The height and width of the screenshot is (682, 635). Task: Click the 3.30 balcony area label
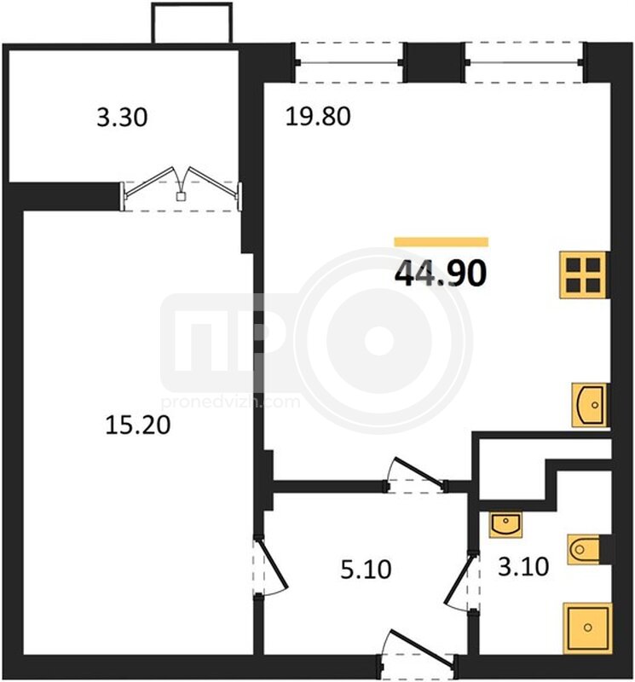point(122,118)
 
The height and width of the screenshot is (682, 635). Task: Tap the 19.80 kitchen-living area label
point(318,117)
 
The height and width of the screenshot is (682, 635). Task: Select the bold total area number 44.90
point(440,274)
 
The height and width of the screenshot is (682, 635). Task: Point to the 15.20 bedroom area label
point(138,425)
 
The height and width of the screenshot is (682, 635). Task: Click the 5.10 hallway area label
point(366,569)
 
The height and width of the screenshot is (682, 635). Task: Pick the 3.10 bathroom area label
point(523,567)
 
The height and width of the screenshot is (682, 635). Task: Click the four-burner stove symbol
point(583,275)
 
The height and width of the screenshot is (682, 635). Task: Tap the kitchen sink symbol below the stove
point(590,405)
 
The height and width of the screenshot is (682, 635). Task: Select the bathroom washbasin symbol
point(505,524)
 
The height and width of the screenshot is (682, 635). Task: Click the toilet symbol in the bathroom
point(584,550)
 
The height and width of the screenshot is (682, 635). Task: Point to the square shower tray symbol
point(587,627)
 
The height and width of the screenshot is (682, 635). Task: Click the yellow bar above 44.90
point(442,242)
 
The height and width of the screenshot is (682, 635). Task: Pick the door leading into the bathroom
point(461,582)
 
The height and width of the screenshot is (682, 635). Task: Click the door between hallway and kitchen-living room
point(416,475)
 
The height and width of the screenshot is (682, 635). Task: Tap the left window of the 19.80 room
point(349,62)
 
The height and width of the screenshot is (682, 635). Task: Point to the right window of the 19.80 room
point(524,62)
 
